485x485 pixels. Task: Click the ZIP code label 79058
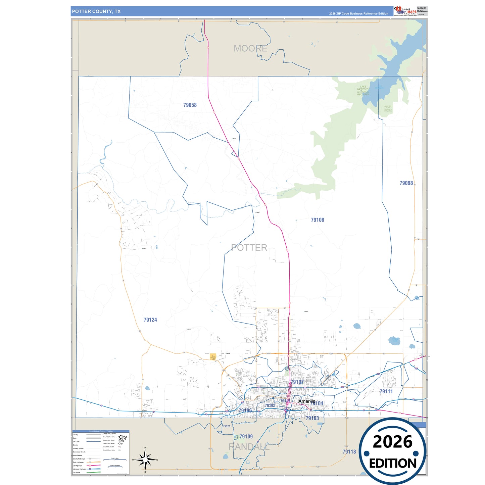pyautogui.click(x=190, y=105)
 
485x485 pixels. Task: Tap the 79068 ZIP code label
pyautogui.click(x=406, y=183)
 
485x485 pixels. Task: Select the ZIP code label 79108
pyautogui.click(x=318, y=220)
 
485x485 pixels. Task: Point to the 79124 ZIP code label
pyautogui.click(x=150, y=320)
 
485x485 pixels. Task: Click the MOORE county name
pyautogui.click(x=250, y=49)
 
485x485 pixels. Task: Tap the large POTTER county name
pyautogui.click(x=249, y=248)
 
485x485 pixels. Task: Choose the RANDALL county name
pyautogui.click(x=249, y=447)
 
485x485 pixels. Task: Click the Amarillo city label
pyautogui.click(x=307, y=401)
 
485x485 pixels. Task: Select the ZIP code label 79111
pyautogui.click(x=386, y=391)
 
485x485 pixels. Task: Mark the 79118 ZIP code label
pyautogui.click(x=349, y=452)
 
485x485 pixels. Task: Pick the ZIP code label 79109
pyautogui.click(x=246, y=436)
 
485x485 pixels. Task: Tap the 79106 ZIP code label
pyautogui.click(x=245, y=410)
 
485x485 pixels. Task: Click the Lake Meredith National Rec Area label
pyautogui.click(x=363, y=90)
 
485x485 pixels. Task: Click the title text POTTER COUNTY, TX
pyautogui.click(x=96, y=11)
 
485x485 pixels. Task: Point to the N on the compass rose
pyautogui.click(x=145, y=448)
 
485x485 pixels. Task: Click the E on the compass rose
pyautogui.click(x=157, y=460)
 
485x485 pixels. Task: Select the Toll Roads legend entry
pyautogui.click(x=77, y=473)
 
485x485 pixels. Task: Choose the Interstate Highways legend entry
pyautogui.click(x=80, y=469)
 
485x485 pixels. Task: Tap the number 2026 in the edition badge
pyautogui.click(x=392, y=442)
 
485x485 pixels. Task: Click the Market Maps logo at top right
pyautogui.click(x=405, y=11)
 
